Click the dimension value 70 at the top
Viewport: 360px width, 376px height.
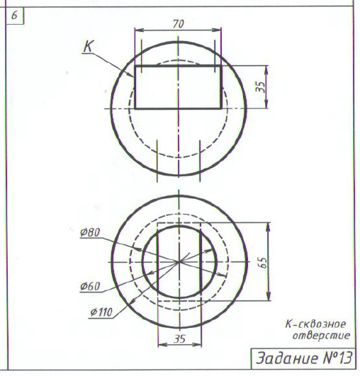(x=179, y=24)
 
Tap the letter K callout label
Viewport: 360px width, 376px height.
(x=89, y=46)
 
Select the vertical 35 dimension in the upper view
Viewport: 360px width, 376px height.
(x=261, y=86)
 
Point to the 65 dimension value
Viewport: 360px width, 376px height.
(x=263, y=263)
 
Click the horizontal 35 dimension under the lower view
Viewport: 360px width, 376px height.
(x=180, y=338)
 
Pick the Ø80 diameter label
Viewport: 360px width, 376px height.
(x=90, y=232)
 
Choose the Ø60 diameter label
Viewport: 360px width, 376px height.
(x=90, y=286)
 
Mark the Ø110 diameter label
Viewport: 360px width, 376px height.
(x=101, y=312)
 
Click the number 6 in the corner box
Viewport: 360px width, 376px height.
(x=14, y=16)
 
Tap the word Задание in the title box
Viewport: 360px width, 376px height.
(x=288, y=358)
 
